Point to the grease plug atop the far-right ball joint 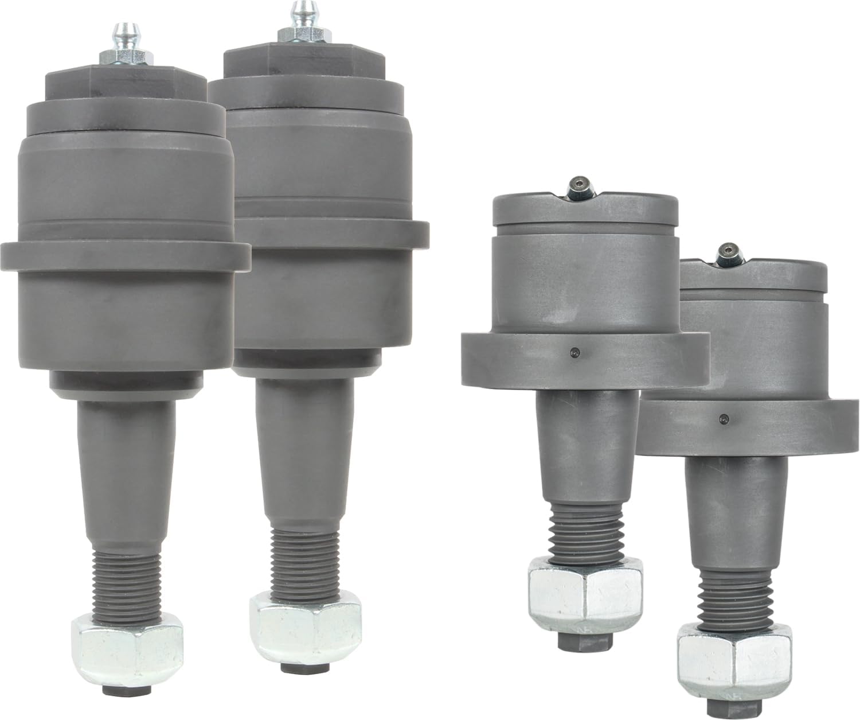tap(728, 253)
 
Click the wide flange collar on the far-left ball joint tap(126, 254)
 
